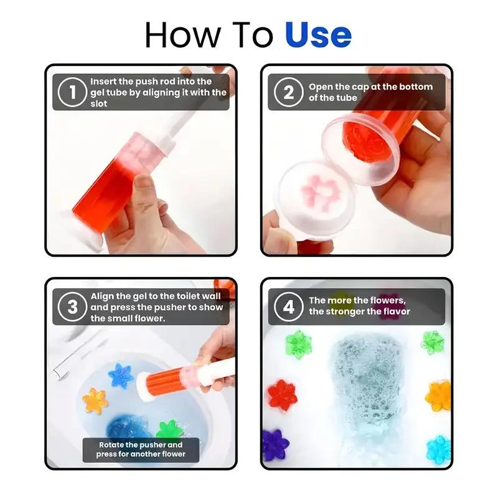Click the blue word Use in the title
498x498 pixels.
(317, 35)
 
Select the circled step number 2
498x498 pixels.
(288, 92)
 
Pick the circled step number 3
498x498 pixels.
(72, 306)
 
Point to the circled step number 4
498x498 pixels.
(288, 306)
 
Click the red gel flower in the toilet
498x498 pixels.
(282, 394)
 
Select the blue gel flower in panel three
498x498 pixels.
(121, 375)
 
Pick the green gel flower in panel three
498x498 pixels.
(169, 430)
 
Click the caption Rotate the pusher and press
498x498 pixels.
(141, 449)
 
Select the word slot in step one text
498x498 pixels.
(99, 103)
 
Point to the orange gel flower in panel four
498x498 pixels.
(438, 394)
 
